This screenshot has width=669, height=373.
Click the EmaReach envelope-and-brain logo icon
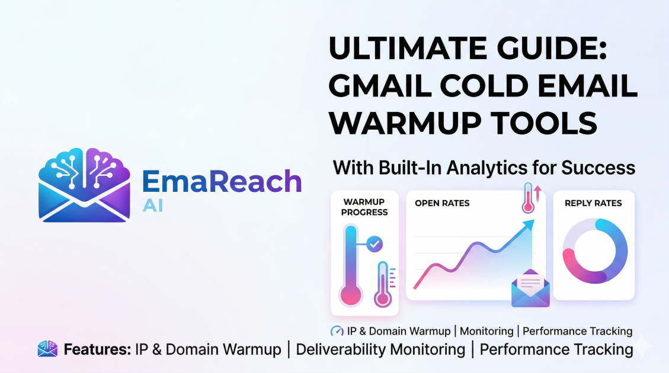(84, 185)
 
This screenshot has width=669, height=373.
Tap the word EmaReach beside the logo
(222, 181)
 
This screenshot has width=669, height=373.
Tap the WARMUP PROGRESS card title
(364, 207)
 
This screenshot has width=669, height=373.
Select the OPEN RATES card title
(442, 203)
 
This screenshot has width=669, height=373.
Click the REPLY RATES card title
(593, 203)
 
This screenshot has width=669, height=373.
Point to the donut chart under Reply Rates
(594, 251)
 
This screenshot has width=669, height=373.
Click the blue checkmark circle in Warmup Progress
(374, 243)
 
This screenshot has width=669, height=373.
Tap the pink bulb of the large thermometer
(351, 295)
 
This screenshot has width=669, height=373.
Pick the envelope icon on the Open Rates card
(530, 288)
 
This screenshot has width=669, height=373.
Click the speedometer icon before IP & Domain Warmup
(337, 331)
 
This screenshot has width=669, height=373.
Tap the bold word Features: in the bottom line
(97, 349)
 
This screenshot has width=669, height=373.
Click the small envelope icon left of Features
(47, 349)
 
